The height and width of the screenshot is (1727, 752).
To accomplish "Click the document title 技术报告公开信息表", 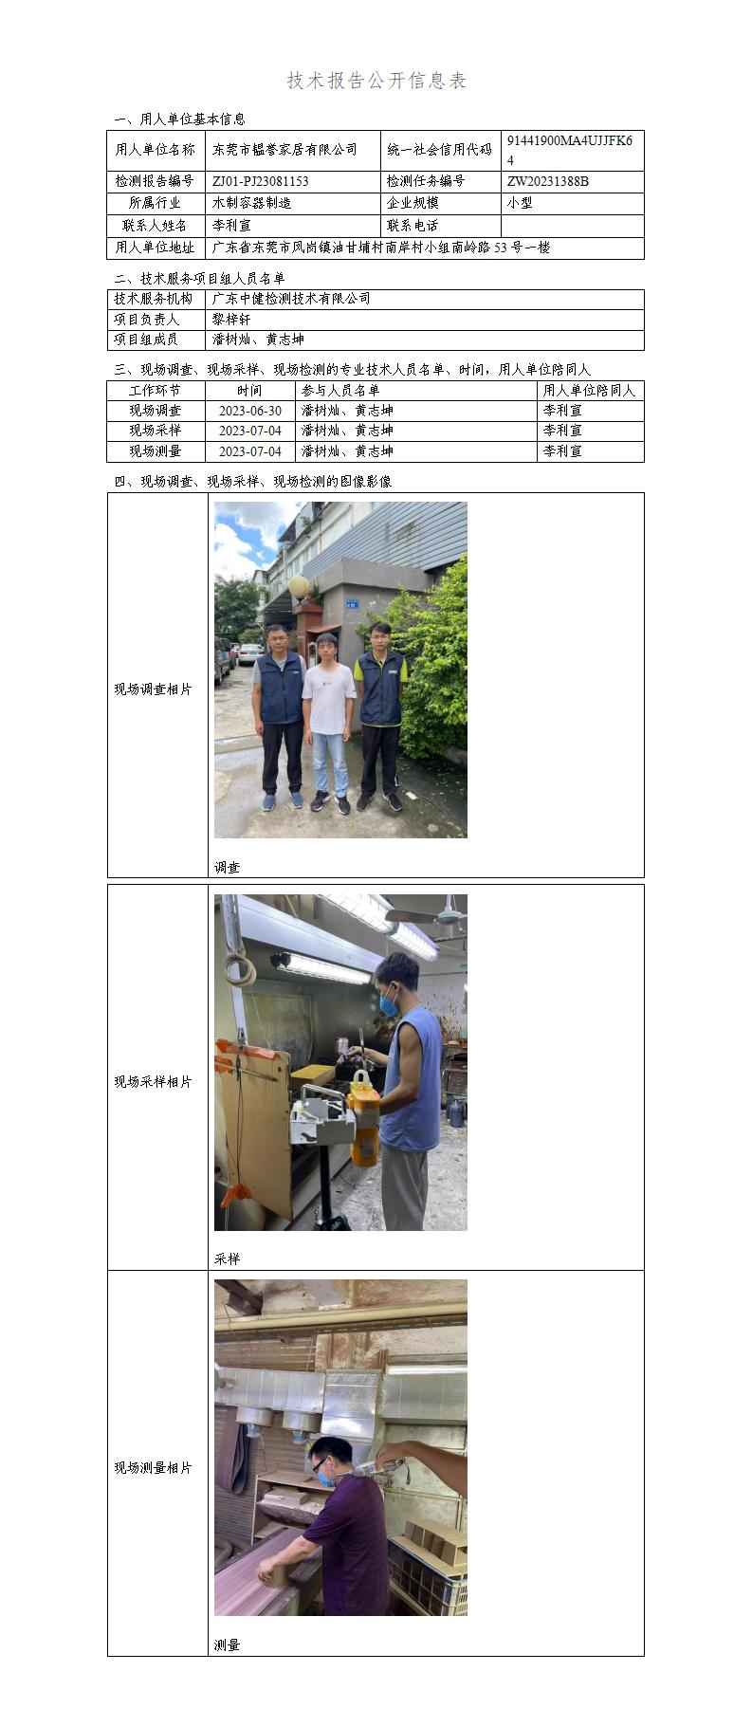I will (x=376, y=82).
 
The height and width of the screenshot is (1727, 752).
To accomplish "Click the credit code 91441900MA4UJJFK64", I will (x=569, y=151).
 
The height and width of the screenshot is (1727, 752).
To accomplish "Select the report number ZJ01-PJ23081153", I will (x=260, y=181).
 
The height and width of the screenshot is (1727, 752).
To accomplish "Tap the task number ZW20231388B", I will (x=547, y=181).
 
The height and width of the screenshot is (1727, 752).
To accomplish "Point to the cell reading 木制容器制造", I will (x=251, y=203).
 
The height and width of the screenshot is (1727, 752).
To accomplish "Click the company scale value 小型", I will (x=520, y=203).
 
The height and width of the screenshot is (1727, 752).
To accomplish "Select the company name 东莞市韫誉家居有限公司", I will (x=284, y=150).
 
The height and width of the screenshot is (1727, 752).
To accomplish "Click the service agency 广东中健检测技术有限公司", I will (x=291, y=299).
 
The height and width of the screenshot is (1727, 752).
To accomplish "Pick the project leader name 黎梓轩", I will (x=231, y=320).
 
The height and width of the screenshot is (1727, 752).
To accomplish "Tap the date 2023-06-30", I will (x=249, y=411).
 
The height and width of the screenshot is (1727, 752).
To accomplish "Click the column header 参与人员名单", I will (x=340, y=391).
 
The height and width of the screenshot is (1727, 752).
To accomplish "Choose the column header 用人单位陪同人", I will (x=589, y=391).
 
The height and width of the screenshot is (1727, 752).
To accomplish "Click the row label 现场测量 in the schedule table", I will (x=156, y=451).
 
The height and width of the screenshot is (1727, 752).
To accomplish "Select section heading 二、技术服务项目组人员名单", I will (x=199, y=279).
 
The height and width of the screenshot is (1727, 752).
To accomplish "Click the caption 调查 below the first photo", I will (x=228, y=867).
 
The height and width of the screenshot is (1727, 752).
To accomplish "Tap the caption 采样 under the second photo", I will (x=228, y=1259).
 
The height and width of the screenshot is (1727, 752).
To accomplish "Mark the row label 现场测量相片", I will (x=153, y=1467).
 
